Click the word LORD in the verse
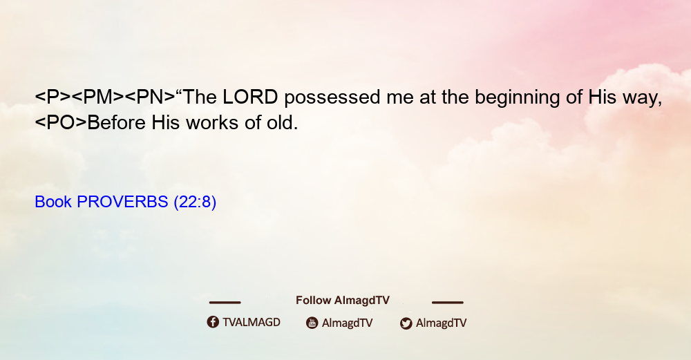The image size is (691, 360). click(x=250, y=97)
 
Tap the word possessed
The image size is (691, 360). click(x=332, y=97)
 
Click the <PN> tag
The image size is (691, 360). click(x=150, y=97)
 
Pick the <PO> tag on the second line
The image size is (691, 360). click(x=61, y=122)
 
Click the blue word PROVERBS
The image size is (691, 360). click(x=122, y=202)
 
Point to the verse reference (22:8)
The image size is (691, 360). click(x=195, y=202)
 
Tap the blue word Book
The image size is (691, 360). click(x=53, y=202)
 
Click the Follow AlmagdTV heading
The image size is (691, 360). click(x=343, y=301)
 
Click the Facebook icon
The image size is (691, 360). click(x=213, y=322)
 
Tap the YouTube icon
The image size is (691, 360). click(x=312, y=323)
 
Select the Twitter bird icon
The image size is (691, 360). click(x=406, y=323)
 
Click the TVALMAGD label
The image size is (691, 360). click(x=252, y=323)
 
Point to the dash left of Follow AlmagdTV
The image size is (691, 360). click(x=225, y=302)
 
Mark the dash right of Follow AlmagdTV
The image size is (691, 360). click(x=448, y=302)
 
